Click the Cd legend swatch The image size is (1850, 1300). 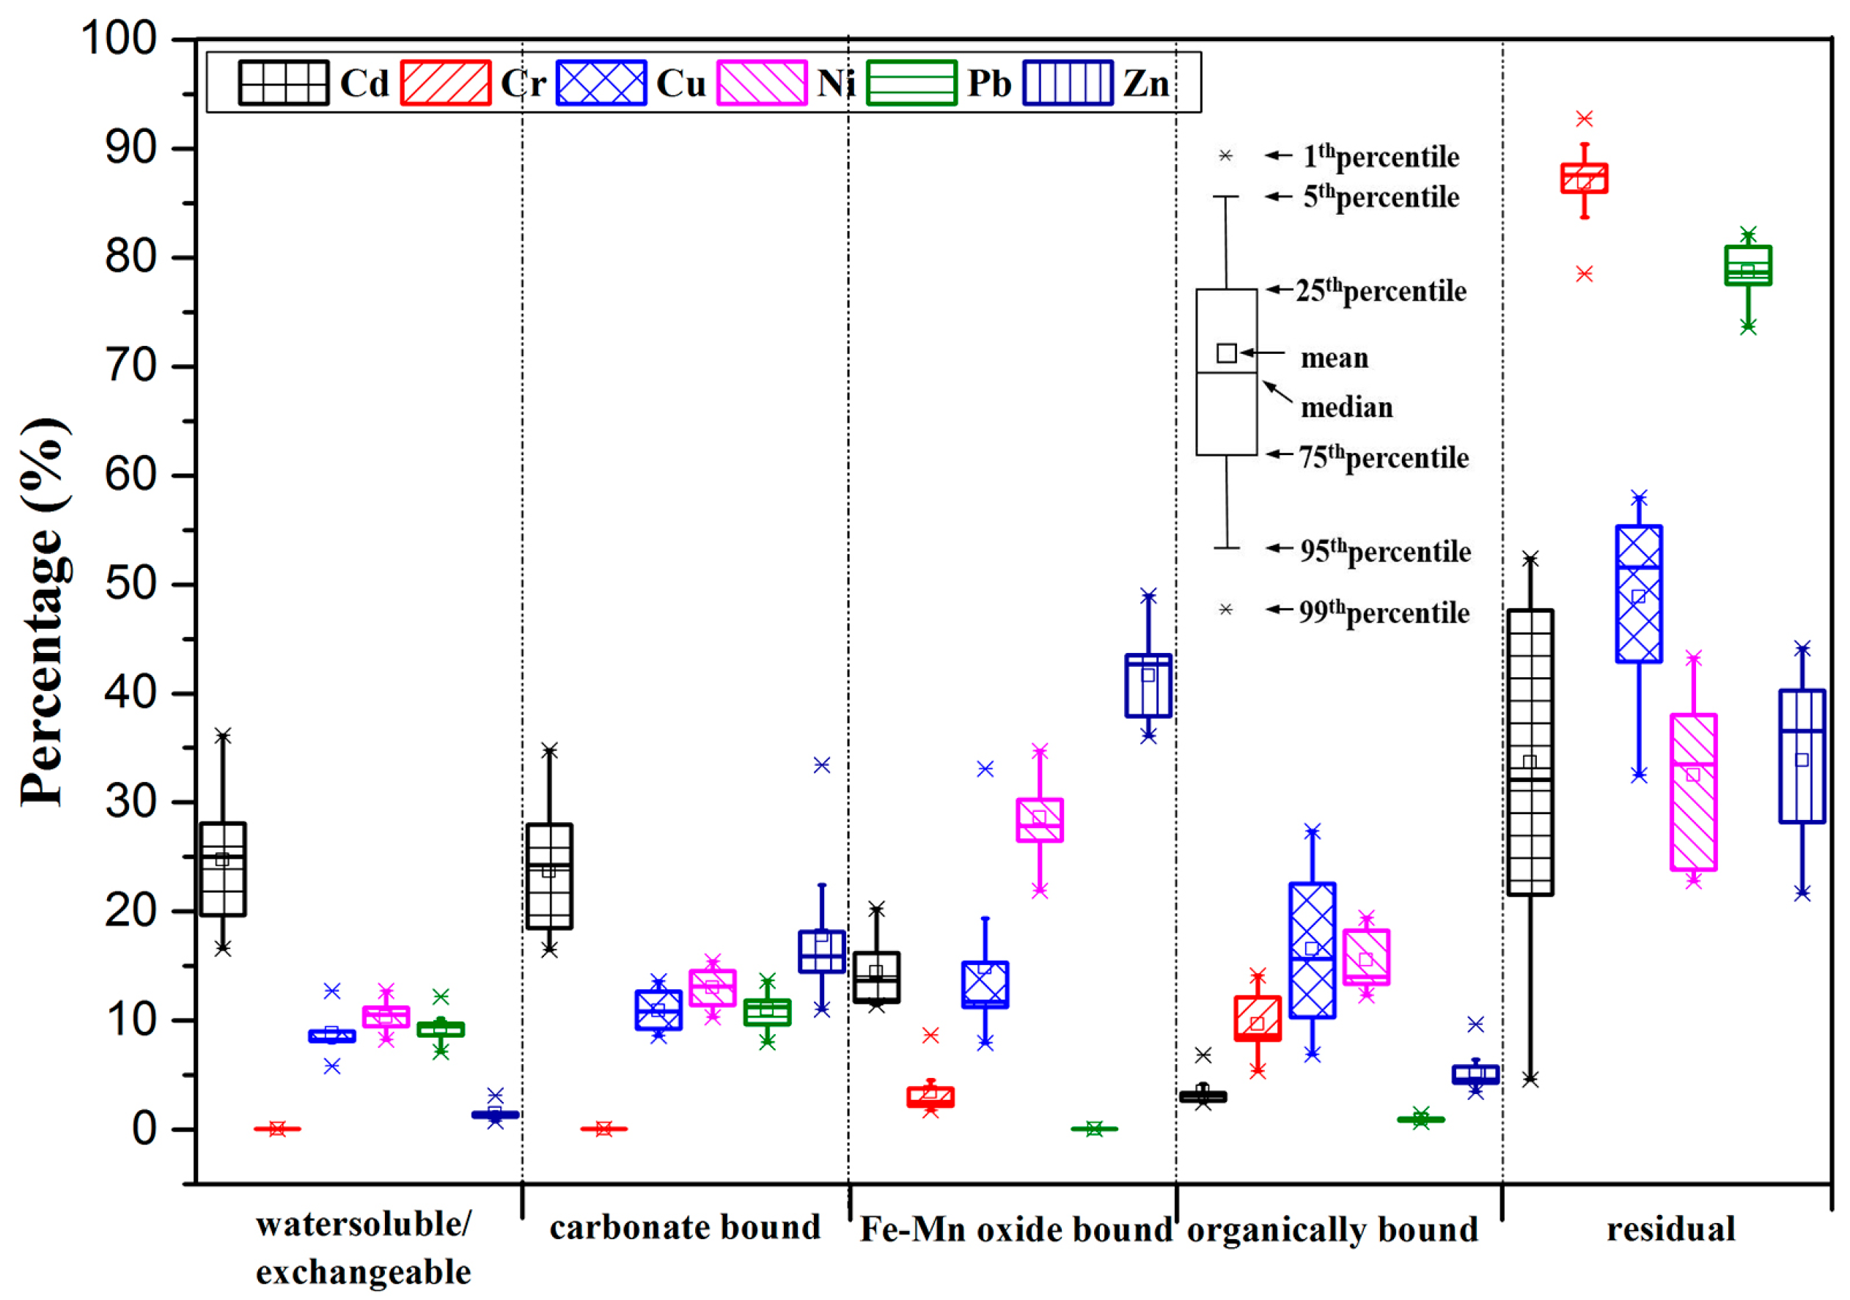[283, 83]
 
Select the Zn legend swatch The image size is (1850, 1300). [1068, 83]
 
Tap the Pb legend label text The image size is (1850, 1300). [988, 83]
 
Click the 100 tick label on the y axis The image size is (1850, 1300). [120, 39]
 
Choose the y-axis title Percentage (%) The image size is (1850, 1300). [44, 612]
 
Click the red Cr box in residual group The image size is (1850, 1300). [1584, 179]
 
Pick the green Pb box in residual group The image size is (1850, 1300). [1747, 266]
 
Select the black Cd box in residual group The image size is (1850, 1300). [1530, 753]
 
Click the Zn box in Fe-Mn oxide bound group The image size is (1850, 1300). [1148, 685]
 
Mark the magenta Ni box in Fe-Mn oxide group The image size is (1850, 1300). [1040, 820]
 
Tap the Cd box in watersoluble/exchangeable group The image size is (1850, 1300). [222, 869]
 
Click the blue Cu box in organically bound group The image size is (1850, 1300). [1312, 950]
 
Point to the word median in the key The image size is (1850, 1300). [1346, 408]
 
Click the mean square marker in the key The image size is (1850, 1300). [1226, 352]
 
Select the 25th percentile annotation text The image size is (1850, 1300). [1380, 291]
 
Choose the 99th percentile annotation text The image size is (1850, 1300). [1384, 613]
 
